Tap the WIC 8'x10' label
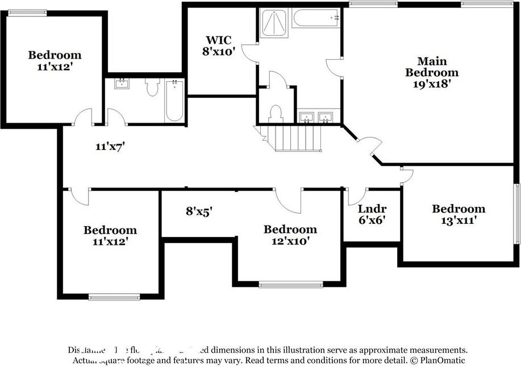pos(219,45)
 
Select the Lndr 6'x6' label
pos(372,214)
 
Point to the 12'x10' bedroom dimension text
pos(290,240)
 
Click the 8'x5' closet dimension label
pos(199,211)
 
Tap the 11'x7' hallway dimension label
pos(110,147)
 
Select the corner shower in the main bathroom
pos(274,24)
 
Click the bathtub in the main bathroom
pos(316,18)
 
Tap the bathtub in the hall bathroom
pos(174,101)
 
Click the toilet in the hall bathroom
pos(152,88)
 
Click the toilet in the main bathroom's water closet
pos(276,114)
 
